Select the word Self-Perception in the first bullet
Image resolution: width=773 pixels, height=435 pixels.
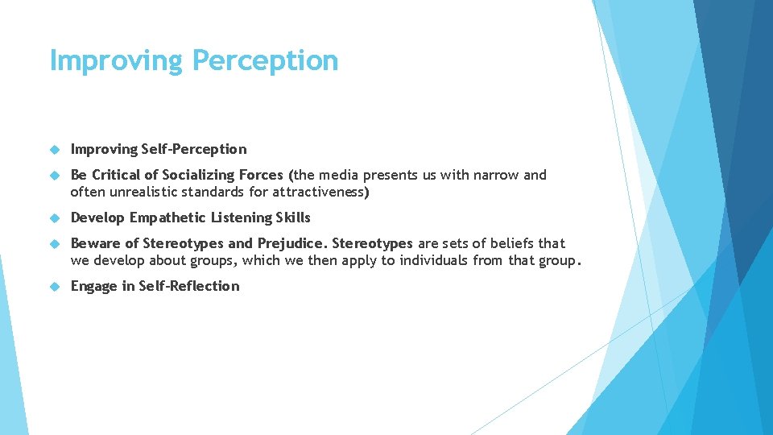[x=194, y=149]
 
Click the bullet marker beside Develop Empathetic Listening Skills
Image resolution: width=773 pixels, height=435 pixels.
[x=55, y=217]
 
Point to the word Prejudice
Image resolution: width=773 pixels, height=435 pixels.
[x=292, y=243]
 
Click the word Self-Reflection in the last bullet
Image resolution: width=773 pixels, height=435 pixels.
[x=189, y=286]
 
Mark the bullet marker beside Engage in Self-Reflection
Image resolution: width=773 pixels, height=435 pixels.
[x=55, y=286]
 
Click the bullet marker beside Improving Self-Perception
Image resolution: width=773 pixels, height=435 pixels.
[x=55, y=149]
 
